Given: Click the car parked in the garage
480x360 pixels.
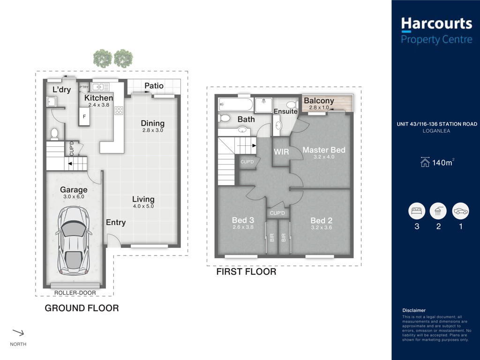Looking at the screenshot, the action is (x=74, y=240).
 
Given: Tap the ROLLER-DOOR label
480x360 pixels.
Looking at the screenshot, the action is (x=75, y=292).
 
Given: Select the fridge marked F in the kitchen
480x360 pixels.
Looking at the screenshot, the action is (x=84, y=116).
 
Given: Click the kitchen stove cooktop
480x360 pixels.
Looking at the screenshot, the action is (x=119, y=111).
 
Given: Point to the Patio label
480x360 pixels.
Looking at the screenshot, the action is (x=154, y=86).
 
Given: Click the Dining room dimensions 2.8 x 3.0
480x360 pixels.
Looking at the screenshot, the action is (x=153, y=130).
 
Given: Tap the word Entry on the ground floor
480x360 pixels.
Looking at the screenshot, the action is (x=116, y=223).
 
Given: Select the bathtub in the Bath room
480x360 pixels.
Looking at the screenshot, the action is (x=235, y=105).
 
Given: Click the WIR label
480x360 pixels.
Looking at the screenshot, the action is (x=281, y=151).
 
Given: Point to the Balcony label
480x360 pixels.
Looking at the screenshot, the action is (x=319, y=100).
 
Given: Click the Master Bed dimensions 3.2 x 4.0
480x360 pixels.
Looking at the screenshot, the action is (x=324, y=157).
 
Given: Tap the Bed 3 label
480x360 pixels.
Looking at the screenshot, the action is (x=243, y=220).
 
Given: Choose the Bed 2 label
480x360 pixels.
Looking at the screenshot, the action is (x=322, y=220).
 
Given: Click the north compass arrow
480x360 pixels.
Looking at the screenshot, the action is (x=18, y=332).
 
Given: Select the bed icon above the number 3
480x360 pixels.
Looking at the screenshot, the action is (x=417, y=211).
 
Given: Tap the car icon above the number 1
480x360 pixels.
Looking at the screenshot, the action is (x=460, y=211).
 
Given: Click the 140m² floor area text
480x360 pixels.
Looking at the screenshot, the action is (x=442, y=162).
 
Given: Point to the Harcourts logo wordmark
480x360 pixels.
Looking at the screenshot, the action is (x=436, y=23).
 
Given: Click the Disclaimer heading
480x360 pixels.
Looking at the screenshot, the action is (x=414, y=310).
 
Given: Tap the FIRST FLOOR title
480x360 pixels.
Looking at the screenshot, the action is (x=246, y=271).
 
